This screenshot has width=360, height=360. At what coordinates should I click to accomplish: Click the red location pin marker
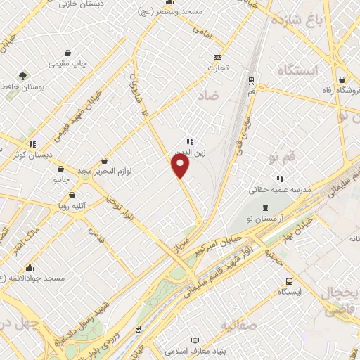click(x=181, y=165)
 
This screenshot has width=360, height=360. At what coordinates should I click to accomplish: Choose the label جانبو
click(x=62, y=180)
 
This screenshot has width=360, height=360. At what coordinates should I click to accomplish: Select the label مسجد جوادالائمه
click(x=32, y=278)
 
